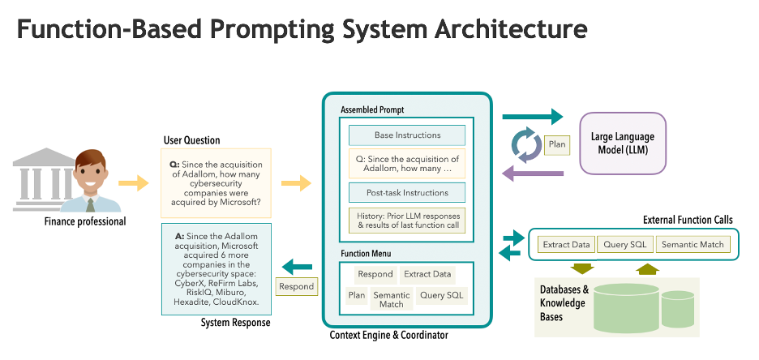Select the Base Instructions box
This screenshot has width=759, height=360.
pos(407,135)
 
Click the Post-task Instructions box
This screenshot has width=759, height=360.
pos(407,193)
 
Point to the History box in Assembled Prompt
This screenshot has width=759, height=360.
pos(407,221)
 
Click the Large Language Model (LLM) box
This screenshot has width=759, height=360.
pos(622,143)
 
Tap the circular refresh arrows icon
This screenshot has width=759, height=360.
pos(525,144)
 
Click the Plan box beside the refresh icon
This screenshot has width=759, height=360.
pos(557,144)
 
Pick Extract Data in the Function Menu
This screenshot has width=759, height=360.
pos(427,274)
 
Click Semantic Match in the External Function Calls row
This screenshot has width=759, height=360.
pos(693,244)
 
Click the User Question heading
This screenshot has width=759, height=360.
pos(191,140)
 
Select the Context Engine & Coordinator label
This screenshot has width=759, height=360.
pos(388,335)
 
